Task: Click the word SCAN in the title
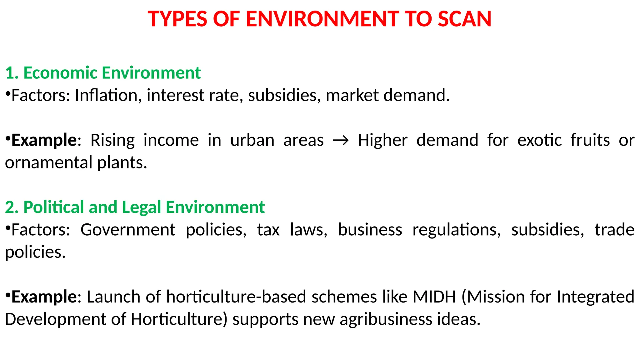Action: [x=464, y=19]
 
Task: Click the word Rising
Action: [x=112, y=140]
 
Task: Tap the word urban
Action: [x=252, y=140]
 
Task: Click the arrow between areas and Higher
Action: [x=341, y=141]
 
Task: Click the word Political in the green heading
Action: [x=54, y=207]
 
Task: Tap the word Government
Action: [x=128, y=230]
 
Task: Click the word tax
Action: [x=268, y=230]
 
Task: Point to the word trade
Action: [x=614, y=230]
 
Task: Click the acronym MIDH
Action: [x=434, y=297]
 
